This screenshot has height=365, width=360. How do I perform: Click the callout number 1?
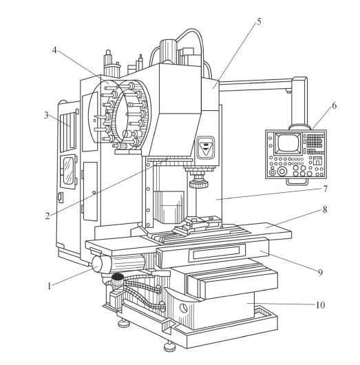[x=49, y=286]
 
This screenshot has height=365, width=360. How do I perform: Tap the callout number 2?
[x=47, y=216]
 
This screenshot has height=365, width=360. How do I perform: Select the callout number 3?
[x=46, y=115]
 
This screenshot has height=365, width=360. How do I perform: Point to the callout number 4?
[x=54, y=50]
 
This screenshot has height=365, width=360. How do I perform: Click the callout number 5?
[x=259, y=21]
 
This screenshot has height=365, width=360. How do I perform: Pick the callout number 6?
[x=334, y=105]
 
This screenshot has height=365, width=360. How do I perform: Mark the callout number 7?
[x=325, y=189]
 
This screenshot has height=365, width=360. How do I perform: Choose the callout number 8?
[x=325, y=209]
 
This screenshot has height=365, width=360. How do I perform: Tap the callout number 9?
[x=321, y=272]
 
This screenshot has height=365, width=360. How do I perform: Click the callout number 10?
[x=320, y=305]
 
